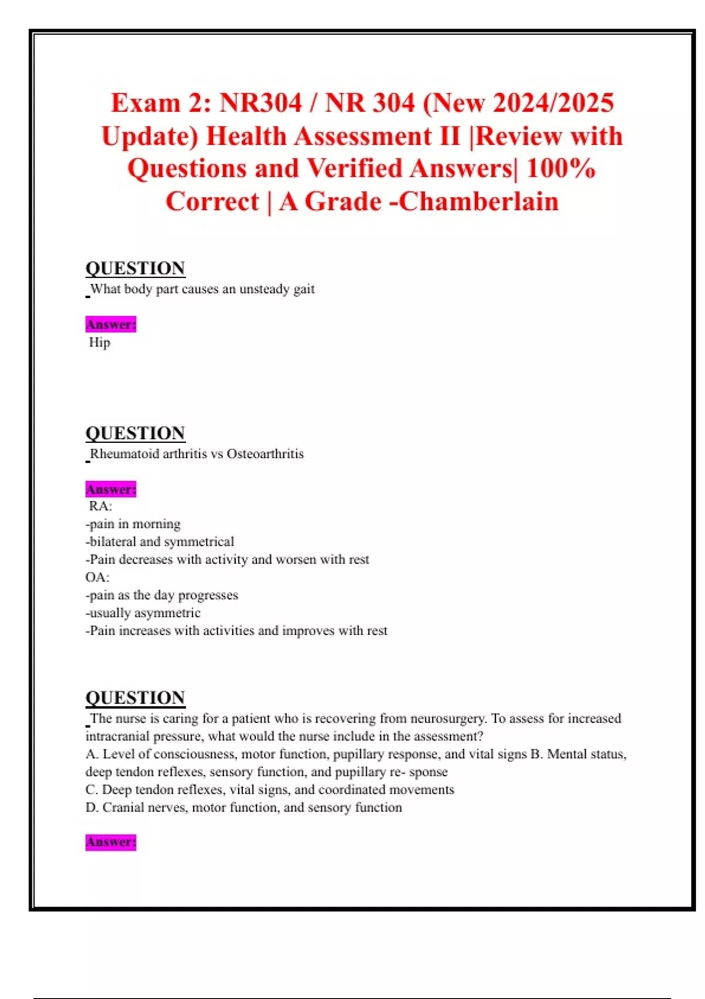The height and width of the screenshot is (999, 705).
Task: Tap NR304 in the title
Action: click(x=260, y=103)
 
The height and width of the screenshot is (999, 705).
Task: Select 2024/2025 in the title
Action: click(x=553, y=103)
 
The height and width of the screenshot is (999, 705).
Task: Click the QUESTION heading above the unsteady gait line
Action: click(x=135, y=269)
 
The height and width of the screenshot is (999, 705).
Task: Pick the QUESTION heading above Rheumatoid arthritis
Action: click(x=135, y=433)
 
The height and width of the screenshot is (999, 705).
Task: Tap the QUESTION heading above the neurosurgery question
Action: click(x=135, y=698)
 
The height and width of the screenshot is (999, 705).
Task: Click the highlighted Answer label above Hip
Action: click(x=110, y=324)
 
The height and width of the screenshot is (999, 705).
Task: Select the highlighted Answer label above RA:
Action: click(x=110, y=489)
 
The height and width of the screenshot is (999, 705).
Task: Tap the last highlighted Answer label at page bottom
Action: click(x=110, y=842)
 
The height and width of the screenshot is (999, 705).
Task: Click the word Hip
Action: click(x=99, y=343)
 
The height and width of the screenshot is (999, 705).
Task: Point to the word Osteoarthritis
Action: click(x=265, y=454)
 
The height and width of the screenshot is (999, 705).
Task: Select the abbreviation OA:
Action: click(x=98, y=577)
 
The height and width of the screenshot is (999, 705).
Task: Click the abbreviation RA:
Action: click(x=100, y=506)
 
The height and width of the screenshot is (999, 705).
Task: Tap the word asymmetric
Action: click(x=166, y=613)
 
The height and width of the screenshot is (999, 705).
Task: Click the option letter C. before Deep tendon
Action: click(x=92, y=790)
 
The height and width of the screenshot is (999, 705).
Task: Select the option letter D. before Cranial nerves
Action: click(x=92, y=807)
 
